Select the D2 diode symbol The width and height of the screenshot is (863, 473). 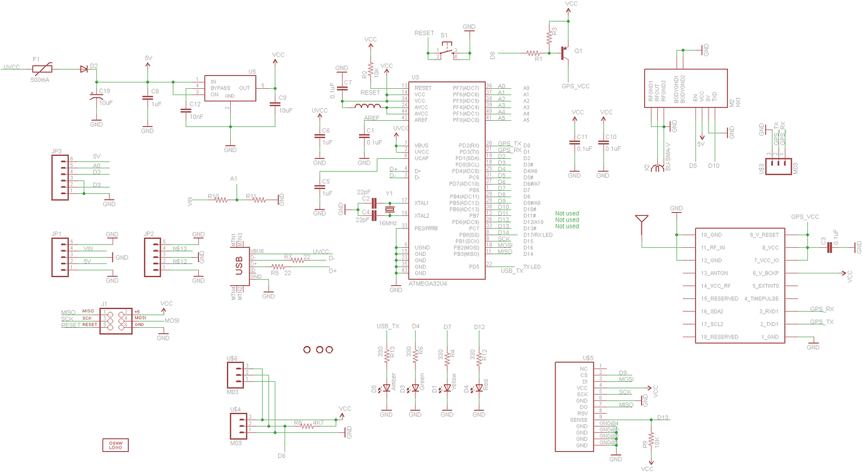84,69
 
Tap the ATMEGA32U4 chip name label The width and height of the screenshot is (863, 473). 431,283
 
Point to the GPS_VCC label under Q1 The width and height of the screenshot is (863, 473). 575,86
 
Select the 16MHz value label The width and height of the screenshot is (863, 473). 388,223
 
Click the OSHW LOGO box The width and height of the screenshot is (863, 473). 115,445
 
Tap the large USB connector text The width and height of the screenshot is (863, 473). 238,265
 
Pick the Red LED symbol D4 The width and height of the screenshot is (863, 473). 478,388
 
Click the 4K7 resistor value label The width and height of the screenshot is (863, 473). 318,423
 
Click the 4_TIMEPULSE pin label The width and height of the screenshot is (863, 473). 762,298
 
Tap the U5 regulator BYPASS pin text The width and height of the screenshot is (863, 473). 220,88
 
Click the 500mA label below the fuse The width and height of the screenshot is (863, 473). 40,81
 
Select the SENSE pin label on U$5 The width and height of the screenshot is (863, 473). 578,420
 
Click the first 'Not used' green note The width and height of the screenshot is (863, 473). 567,213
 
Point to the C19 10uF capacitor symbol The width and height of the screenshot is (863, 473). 96,96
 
